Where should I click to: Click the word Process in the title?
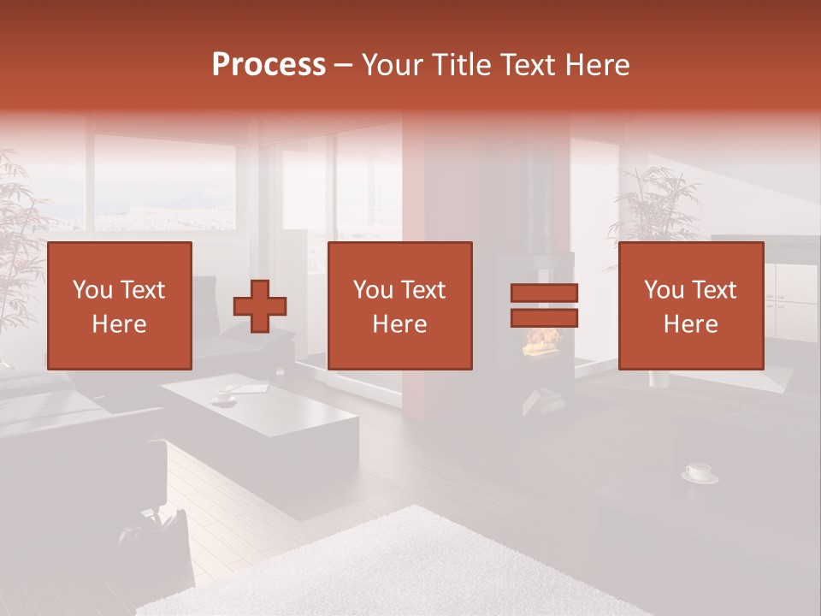269,65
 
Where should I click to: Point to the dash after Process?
344,66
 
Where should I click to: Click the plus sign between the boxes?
260,306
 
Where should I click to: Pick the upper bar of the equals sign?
544,293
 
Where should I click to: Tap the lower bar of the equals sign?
544,318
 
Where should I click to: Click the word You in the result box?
663,290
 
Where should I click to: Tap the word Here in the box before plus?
119,324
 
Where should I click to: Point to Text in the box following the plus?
423,290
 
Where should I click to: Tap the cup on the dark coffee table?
224,397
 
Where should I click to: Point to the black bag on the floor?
158,530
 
